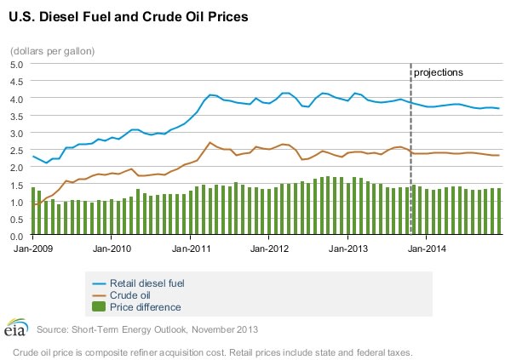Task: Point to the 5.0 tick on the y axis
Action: click(x=18, y=66)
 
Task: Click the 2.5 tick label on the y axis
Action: click(x=18, y=151)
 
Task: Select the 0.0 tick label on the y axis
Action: click(x=18, y=236)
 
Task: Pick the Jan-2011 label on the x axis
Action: click(x=192, y=249)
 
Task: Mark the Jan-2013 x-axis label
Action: click(x=350, y=249)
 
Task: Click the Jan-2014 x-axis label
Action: click(x=430, y=249)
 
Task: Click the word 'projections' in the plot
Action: click(x=439, y=72)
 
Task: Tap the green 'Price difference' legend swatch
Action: click(x=98, y=306)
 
